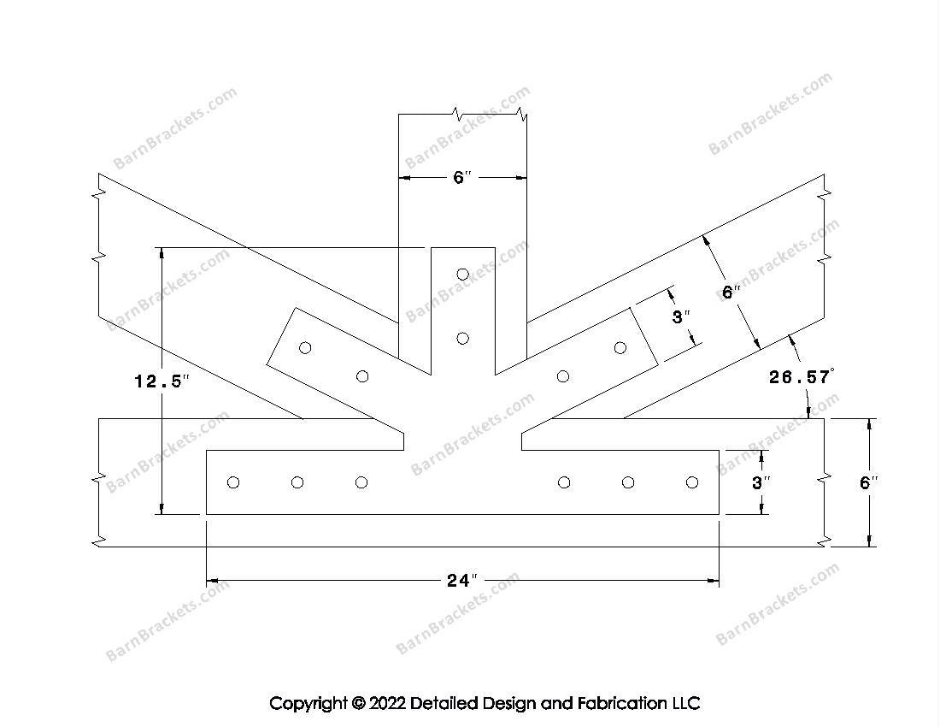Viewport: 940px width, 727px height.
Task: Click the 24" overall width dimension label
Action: click(x=462, y=580)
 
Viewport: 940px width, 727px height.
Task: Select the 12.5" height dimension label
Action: click(x=162, y=381)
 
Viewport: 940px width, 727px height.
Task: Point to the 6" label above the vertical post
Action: click(x=462, y=177)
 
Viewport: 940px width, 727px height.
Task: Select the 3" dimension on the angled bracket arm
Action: click(x=681, y=316)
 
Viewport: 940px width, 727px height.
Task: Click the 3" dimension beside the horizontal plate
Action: click(x=761, y=482)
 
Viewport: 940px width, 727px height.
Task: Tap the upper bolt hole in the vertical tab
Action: click(x=462, y=275)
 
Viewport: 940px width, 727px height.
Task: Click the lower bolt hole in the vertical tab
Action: click(x=462, y=339)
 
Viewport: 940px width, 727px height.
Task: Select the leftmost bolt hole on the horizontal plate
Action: click(x=233, y=482)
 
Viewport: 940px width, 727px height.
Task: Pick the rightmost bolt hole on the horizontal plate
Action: click(x=692, y=482)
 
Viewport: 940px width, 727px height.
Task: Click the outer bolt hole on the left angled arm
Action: click(x=305, y=348)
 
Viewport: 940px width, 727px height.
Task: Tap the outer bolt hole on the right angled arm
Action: click(x=620, y=348)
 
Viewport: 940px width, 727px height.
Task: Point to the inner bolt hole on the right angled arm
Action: click(x=563, y=376)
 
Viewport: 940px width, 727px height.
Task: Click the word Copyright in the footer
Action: click(x=308, y=703)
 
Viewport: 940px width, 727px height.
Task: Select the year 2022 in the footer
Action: click(x=387, y=703)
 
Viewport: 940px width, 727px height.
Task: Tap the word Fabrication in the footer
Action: click(x=621, y=703)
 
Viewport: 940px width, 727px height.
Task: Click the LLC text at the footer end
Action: click(x=685, y=703)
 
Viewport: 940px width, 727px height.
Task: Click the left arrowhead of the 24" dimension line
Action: click(x=212, y=581)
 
